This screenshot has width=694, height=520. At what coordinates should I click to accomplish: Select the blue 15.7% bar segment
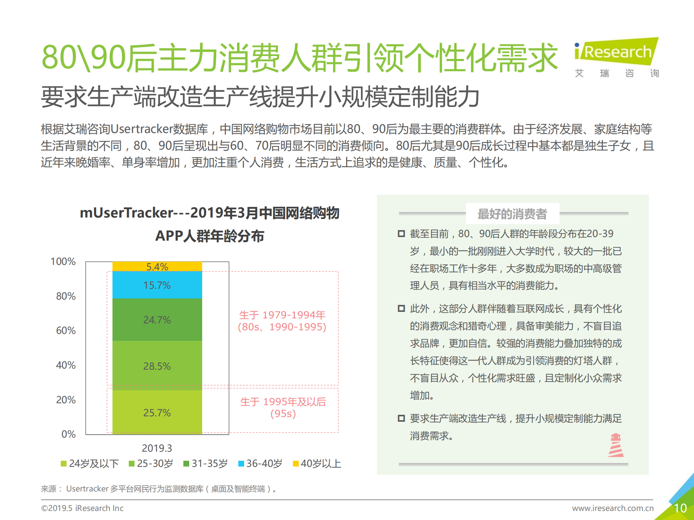157,285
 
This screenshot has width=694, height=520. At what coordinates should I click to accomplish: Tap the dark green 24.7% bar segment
157,319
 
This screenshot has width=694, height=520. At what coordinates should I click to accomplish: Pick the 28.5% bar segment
157,366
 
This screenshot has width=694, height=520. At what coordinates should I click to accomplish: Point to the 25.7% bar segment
157,412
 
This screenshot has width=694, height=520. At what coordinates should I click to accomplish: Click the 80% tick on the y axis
66,296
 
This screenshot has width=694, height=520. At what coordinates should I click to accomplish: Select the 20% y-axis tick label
66,400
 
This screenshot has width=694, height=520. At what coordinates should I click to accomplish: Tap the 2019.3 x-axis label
157,448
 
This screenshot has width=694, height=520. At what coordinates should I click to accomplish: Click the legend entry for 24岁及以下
90,464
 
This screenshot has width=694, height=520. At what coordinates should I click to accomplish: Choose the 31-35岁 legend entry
206,464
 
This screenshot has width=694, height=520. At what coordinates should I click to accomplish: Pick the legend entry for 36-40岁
260,464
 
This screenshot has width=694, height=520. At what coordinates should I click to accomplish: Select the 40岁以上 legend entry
317,464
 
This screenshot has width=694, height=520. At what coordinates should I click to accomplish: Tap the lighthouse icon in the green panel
616,445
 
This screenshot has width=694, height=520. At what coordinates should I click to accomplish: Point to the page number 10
680,508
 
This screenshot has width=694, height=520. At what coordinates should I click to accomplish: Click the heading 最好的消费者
512,214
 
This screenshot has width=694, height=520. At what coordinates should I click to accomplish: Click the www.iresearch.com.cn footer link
613,508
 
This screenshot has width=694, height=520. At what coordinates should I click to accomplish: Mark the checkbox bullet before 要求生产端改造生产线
401,418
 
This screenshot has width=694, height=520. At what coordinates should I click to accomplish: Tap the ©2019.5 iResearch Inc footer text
82,508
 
